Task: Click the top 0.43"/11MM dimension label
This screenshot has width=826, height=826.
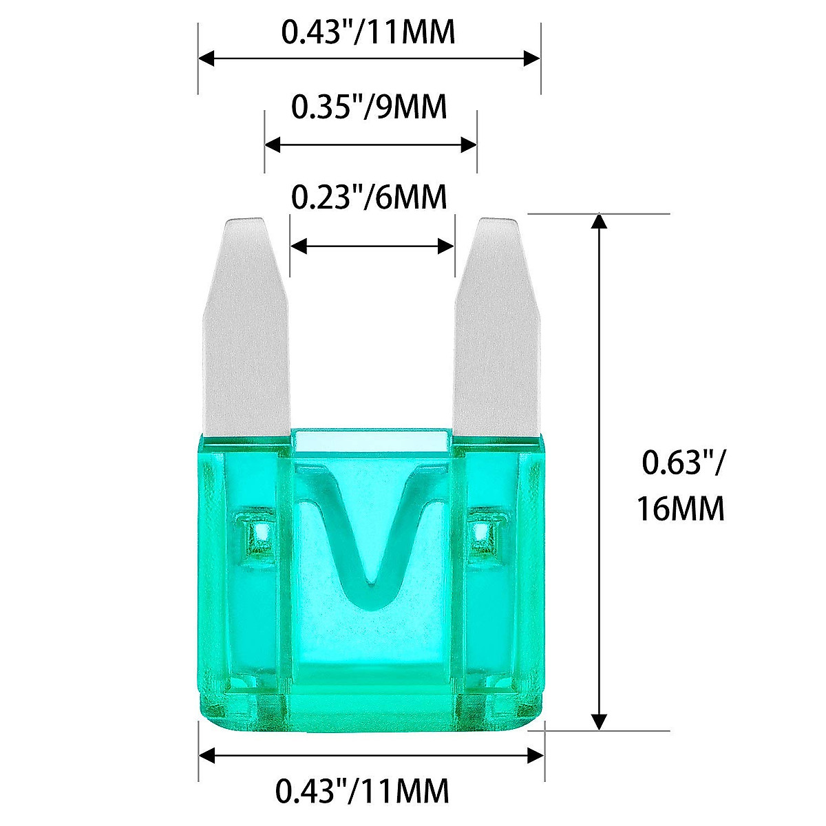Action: [369, 32]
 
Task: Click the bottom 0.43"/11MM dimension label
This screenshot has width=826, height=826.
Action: [363, 790]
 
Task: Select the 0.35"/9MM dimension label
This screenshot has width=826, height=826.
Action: [370, 107]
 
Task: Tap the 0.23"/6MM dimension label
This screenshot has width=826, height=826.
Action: [370, 198]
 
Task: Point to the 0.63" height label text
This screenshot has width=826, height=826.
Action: [681, 463]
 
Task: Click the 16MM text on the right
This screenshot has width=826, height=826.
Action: [680, 510]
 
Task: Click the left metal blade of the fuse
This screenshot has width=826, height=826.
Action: [246, 330]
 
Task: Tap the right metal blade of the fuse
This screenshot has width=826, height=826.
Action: [496, 330]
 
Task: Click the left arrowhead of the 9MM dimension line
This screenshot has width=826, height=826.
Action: [273, 145]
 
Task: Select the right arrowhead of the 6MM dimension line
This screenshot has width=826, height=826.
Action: [447, 246]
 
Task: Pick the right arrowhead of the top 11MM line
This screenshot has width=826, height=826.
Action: [532, 59]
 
